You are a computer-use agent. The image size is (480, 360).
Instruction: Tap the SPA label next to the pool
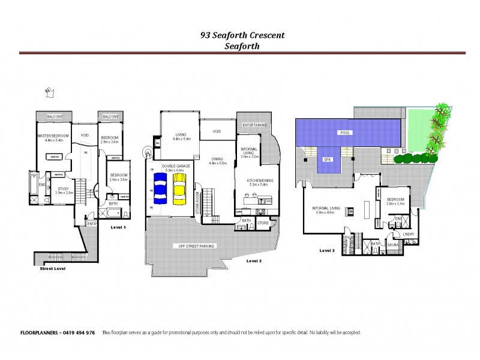pyautogui.click(x=328, y=160)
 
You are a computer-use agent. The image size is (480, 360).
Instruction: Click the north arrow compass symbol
pyautogui.click(x=50, y=91)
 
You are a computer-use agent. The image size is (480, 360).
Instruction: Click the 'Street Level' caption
pyautogui.click(x=48, y=268)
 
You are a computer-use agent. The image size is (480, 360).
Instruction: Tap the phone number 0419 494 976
pyautogui.click(x=80, y=333)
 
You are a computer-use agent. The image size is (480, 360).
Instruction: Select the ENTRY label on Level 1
pyautogui.click(x=92, y=223)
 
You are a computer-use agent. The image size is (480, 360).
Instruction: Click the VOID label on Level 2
pyautogui.click(x=217, y=131)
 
